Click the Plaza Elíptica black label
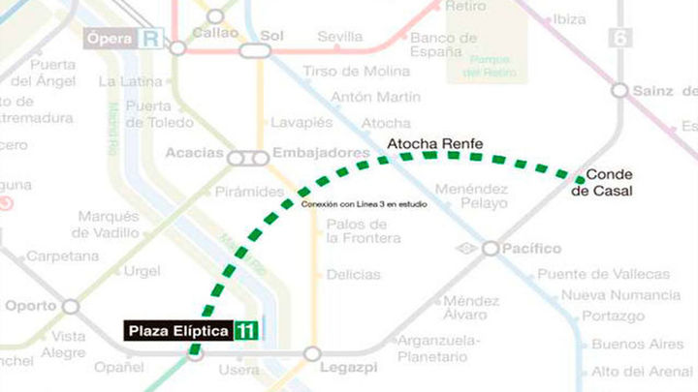[x=178, y=331]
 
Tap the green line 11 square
[x=247, y=331]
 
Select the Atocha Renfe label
[x=434, y=145]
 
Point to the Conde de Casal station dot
[x=580, y=178]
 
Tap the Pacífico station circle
[x=491, y=249]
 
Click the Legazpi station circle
[x=312, y=354]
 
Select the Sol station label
[x=271, y=35]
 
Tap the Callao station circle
[x=215, y=16]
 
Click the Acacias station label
[x=194, y=154]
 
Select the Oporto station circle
[x=70, y=306]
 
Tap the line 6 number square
[x=619, y=38]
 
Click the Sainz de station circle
[x=619, y=90]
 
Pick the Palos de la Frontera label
[x=364, y=231]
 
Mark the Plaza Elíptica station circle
[x=195, y=354]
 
